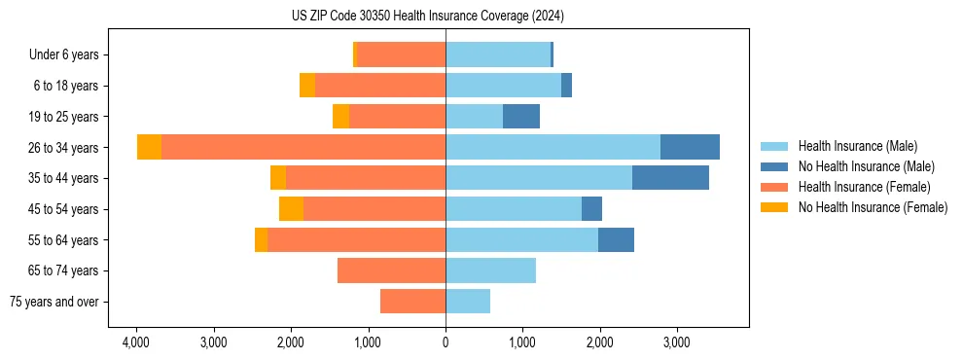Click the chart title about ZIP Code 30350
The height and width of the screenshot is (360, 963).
tap(427, 16)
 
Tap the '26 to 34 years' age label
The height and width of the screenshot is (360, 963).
tap(64, 148)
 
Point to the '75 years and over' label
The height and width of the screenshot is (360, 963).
tap(54, 302)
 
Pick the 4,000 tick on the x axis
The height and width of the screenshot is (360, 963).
tap(136, 342)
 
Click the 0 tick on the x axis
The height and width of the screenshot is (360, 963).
tap(446, 342)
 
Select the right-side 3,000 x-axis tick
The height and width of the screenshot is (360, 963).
tap(677, 342)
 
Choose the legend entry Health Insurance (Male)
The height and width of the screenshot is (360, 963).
tap(857, 146)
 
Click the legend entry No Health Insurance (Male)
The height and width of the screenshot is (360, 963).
tap(866, 166)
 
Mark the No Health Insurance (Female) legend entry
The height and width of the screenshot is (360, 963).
tap(873, 207)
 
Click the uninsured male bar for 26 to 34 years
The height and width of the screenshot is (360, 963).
tap(690, 147)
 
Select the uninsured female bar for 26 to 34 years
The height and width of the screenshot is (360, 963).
tap(149, 147)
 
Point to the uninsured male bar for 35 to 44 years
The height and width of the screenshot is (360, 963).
tap(670, 178)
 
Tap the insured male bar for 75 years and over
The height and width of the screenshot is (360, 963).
tap(468, 302)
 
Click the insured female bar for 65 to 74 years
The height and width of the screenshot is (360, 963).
tap(391, 270)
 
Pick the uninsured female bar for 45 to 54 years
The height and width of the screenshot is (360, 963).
tap(291, 209)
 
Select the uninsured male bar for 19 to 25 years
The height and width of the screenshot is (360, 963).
tap(521, 117)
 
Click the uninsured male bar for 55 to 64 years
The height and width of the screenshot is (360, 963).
tap(616, 239)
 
